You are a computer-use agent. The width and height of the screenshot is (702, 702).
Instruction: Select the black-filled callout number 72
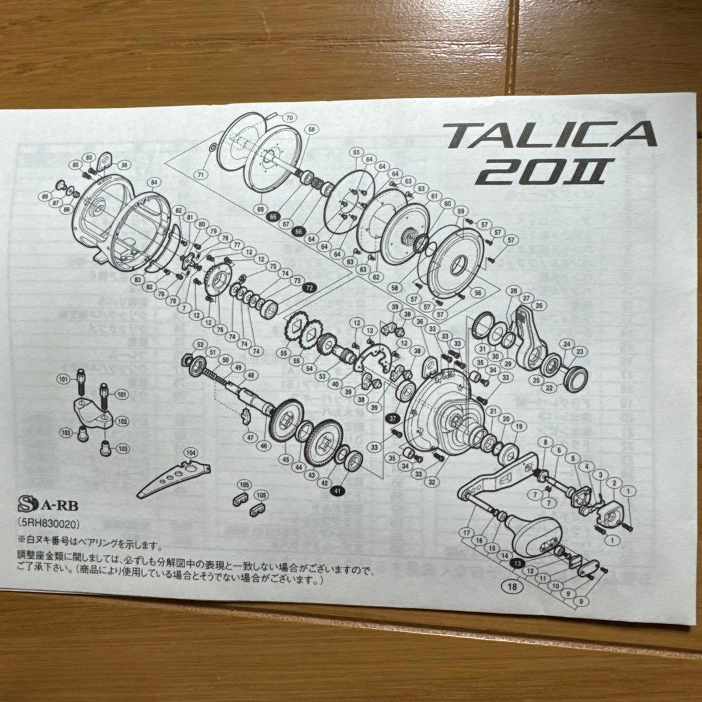click(x=309, y=287)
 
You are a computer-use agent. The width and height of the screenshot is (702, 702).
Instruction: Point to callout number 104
click(x=190, y=452)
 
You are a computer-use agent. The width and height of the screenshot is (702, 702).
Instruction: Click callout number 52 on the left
click(x=199, y=344)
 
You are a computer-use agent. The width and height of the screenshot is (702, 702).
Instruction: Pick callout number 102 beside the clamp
click(x=122, y=422)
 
